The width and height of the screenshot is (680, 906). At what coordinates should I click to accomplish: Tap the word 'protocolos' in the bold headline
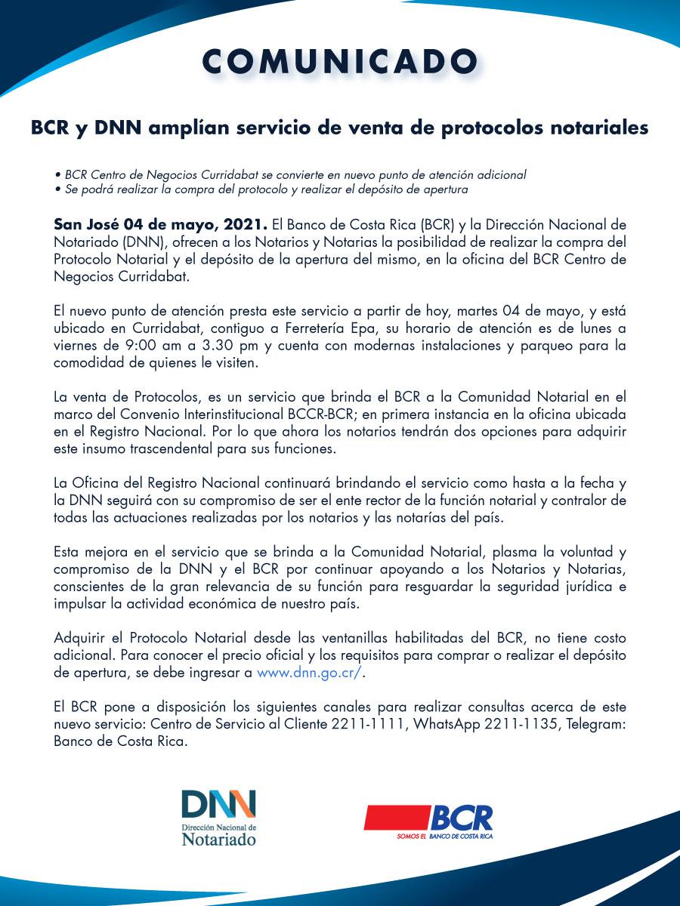coord(478,128)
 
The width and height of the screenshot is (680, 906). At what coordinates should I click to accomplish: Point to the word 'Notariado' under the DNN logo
coord(218,839)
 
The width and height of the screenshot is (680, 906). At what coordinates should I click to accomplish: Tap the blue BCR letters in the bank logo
coord(461,818)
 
